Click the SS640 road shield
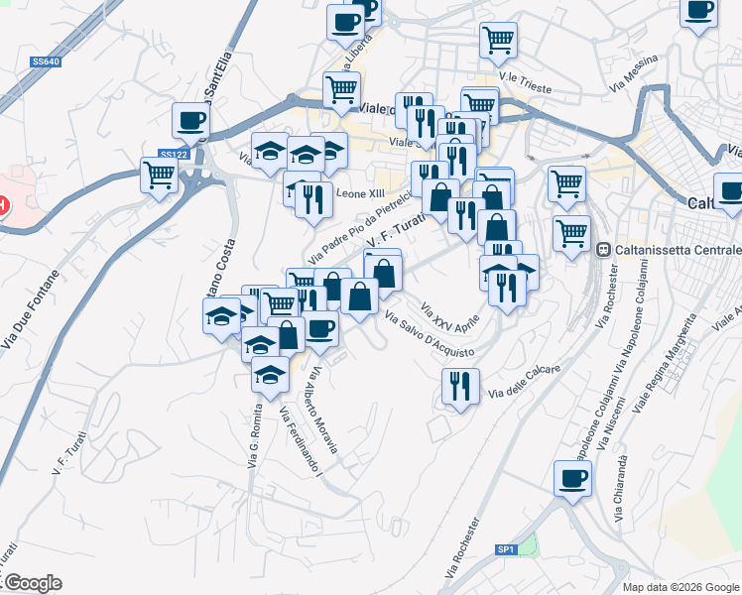pyautogui.click(x=46, y=61)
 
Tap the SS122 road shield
pyautogui.click(x=173, y=154)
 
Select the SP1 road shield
pyautogui.click(x=506, y=548)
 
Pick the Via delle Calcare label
pyautogui.click(x=525, y=383)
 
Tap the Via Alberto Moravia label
pyautogui.click(x=324, y=412)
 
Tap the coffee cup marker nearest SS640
pyautogui.click(x=189, y=121)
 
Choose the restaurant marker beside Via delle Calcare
pyautogui.click(x=460, y=385)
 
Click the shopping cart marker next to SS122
pyautogui.click(x=159, y=178)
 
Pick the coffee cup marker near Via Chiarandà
pyautogui.click(x=572, y=478)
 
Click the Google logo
pyautogui.click(x=32, y=583)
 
